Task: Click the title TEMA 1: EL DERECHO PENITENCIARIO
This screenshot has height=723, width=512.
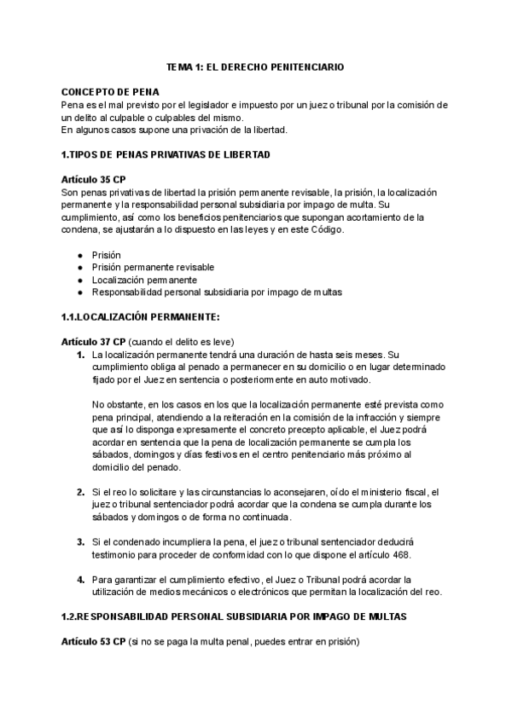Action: pyautogui.click(x=255, y=66)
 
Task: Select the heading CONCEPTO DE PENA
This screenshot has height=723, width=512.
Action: pyautogui.click(x=110, y=91)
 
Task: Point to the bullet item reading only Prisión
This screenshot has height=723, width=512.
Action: pyautogui.click(x=107, y=255)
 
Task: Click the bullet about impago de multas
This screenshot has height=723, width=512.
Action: pyautogui.click(x=217, y=292)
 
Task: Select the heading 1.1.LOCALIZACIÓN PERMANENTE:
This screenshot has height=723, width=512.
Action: pyautogui.click(x=141, y=317)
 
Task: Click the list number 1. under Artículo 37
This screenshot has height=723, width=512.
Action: pyautogui.click(x=80, y=355)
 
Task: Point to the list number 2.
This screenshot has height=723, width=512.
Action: pyautogui.click(x=80, y=492)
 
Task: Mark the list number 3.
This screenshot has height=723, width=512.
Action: pyautogui.click(x=80, y=542)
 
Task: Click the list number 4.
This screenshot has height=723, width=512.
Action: pyautogui.click(x=80, y=580)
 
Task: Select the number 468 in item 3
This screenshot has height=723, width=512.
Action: pyautogui.click(x=399, y=555)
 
